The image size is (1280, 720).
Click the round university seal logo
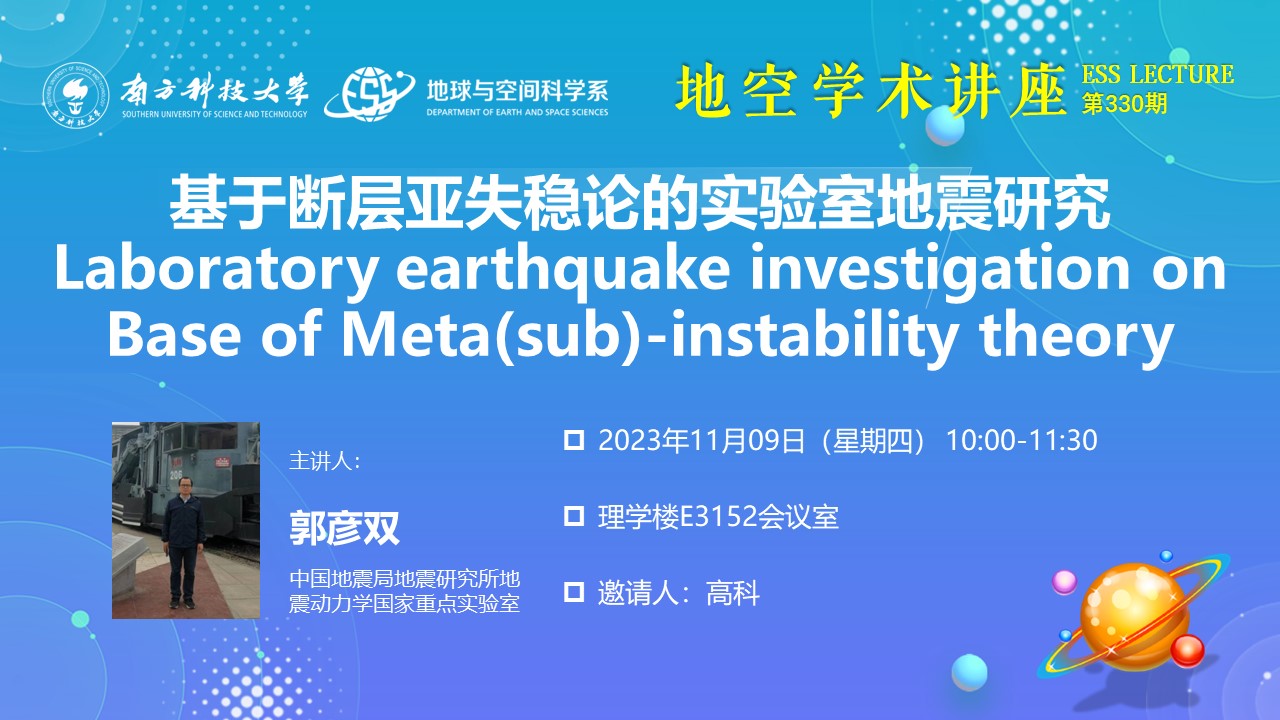76,95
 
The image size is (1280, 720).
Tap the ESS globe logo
370,94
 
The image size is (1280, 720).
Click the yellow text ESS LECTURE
1158,75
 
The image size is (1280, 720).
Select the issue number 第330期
1124,105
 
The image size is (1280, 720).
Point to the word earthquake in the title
563,270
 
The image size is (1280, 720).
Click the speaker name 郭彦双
345,529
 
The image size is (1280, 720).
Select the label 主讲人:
325,461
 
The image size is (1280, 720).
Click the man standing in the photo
183,543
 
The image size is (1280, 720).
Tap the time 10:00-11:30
1022,441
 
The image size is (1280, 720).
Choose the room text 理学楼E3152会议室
718,517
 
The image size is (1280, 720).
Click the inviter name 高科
733,593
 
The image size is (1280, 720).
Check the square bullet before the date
574,441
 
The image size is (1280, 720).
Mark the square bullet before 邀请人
574,593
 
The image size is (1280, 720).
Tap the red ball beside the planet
1187,651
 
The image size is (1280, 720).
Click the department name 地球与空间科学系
517,91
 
